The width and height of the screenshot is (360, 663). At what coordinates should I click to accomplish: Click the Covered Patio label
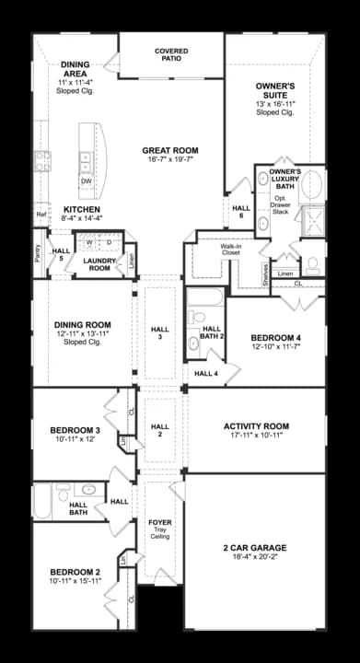171,54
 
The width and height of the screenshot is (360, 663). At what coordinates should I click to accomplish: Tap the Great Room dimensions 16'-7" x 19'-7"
170,159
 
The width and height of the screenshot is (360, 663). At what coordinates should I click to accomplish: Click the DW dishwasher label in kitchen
85,181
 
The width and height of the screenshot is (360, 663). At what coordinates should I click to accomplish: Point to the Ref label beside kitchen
41,215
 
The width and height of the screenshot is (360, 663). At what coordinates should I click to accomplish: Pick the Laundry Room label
99,264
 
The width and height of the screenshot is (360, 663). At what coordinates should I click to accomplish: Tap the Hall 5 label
62,255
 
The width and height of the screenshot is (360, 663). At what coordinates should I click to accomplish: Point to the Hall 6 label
240,211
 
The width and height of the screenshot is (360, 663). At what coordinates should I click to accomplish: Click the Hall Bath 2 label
212,332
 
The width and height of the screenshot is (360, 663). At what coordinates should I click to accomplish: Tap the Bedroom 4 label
277,338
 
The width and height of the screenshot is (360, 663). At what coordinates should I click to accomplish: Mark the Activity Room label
256,426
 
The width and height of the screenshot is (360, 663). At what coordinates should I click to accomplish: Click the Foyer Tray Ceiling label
159,528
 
